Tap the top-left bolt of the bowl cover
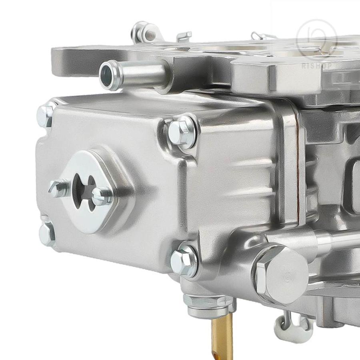coord(46,115)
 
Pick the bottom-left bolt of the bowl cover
coord(47,233)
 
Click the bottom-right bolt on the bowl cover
coord(184,261)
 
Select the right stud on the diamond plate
coord(102,196)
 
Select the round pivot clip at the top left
coord(144,32)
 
